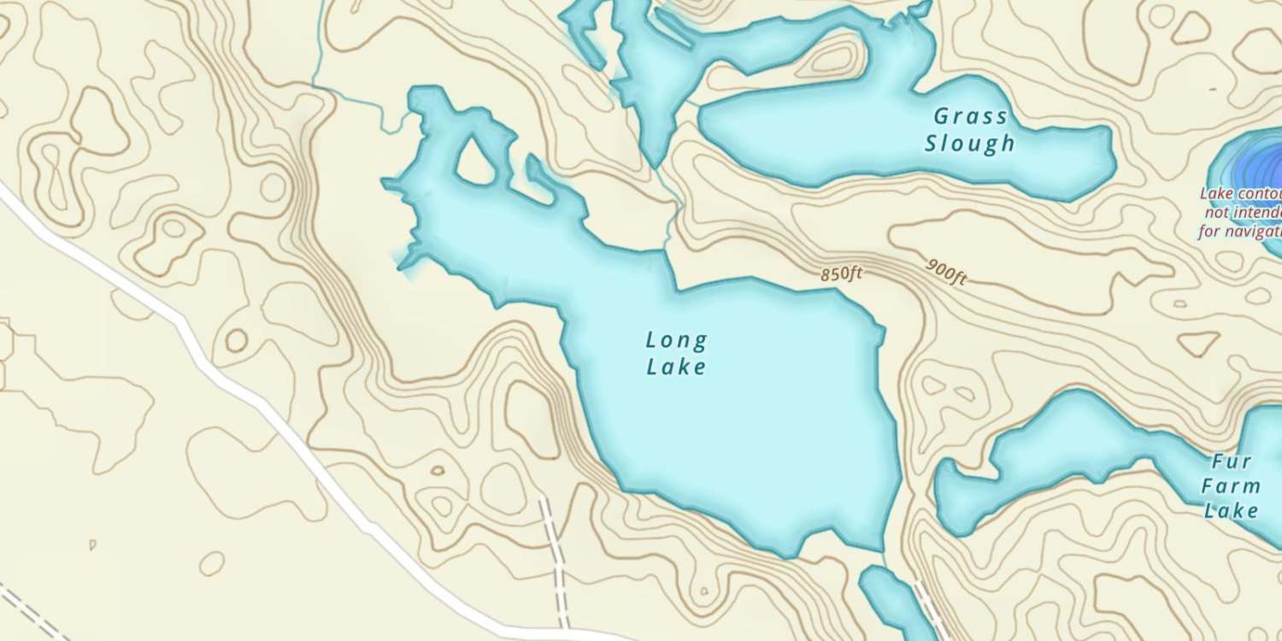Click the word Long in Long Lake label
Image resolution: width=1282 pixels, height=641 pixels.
point(676,341)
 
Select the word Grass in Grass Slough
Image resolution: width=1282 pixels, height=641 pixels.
point(970,116)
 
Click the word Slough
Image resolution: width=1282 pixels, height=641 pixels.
point(970,143)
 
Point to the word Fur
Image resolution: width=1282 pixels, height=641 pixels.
point(1232,462)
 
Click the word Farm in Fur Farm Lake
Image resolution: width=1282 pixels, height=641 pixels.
point(1231,487)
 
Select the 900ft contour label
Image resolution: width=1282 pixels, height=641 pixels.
point(945,271)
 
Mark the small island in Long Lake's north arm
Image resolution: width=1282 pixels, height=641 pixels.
point(479,162)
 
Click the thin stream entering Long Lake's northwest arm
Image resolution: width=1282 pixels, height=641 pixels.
point(359,103)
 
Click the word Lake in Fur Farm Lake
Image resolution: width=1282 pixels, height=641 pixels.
point(1231,512)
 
